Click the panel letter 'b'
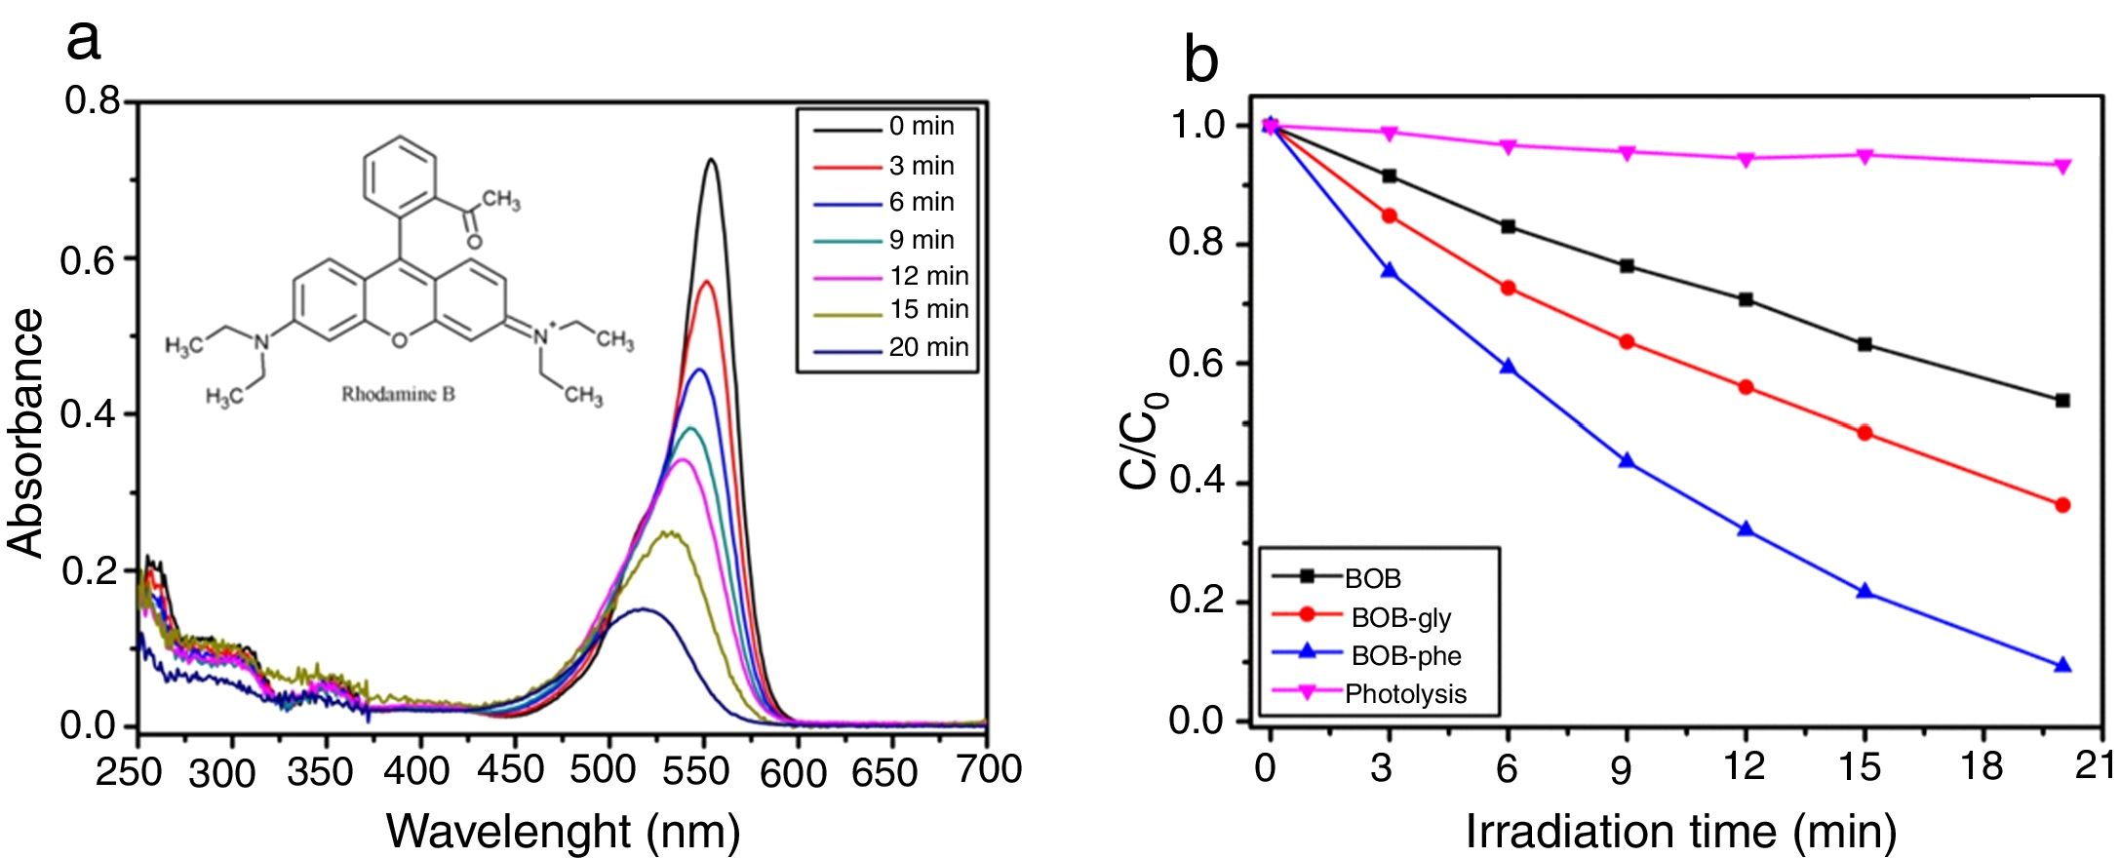pos(1200,60)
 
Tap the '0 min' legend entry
pos(921,127)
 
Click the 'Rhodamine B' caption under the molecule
pos(398,395)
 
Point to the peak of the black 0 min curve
pos(712,160)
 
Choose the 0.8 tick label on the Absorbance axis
pos(93,100)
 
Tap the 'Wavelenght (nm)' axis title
pos(563,832)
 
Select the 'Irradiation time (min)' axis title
pos(1680,832)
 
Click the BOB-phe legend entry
pos(1405,655)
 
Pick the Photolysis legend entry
pos(1405,694)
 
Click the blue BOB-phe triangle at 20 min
pos(2062,666)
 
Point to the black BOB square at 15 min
pos(1865,344)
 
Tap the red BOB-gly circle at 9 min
pos(1627,342)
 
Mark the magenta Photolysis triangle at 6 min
pos(1508,146)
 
